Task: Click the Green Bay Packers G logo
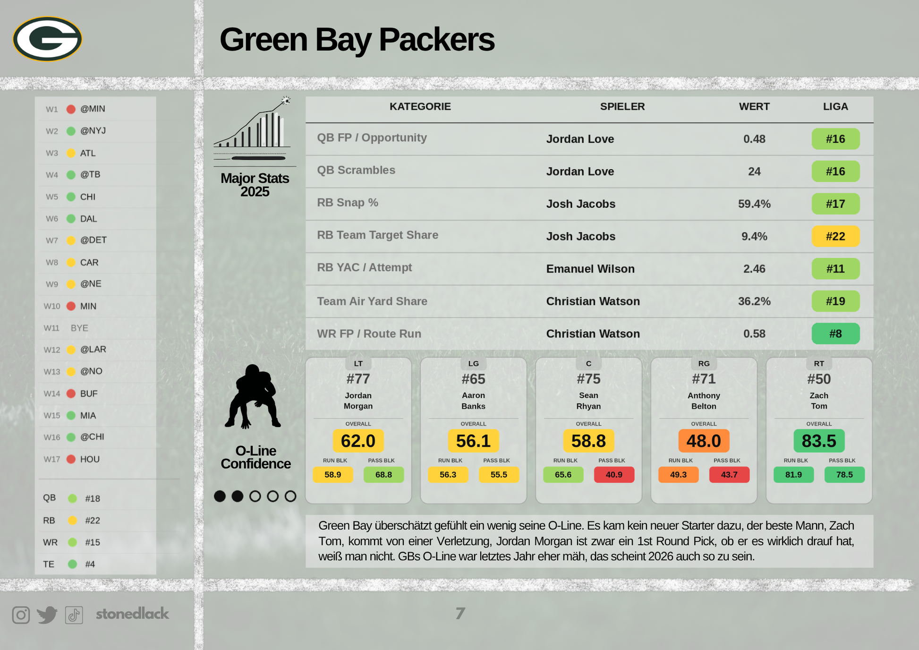(47, 39)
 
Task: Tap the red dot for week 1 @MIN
(71, 109)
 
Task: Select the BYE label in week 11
(79, 328)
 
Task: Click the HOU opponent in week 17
(90, 459)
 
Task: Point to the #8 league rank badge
(835, 334)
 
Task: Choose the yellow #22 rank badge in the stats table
(835, 236)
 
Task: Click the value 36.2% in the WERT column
(754, 301)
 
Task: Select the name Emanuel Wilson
(590, 269)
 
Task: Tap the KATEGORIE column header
(420, 107)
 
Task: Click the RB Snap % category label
(348, 203)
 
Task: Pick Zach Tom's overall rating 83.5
(819, 441)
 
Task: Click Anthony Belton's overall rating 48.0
(704, 441)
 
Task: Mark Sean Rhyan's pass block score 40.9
(614, 475)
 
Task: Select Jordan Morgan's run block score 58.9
(333, 475)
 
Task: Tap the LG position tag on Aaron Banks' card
(473, 364)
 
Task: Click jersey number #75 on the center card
(588, 379)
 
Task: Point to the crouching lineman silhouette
(254, 397)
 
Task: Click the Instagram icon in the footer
(21, 615)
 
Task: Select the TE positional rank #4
(90, 564)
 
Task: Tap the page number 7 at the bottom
(460, 614)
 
